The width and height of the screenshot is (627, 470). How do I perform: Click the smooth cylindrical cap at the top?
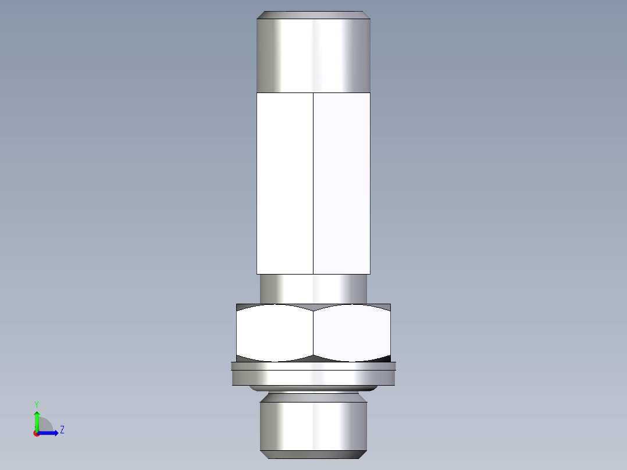[313, 55]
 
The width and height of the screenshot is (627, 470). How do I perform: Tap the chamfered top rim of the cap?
[313, 15]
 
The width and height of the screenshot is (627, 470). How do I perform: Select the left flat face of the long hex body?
[284, 183]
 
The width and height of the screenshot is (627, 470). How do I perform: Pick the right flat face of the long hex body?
[341, 183]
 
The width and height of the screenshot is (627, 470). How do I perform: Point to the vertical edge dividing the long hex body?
[313, 183]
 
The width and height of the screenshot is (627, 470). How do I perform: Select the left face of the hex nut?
[274, 333]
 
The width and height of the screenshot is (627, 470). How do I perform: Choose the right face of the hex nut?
[352, 333]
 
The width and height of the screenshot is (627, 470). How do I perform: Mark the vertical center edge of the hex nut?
[313, 333]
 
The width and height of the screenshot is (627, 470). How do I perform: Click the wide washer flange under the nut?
[313, 376]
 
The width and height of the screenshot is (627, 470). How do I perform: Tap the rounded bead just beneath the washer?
[313, 388]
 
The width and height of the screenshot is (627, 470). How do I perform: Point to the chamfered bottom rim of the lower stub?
[313, 454]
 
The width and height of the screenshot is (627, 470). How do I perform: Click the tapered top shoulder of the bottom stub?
[313, 398]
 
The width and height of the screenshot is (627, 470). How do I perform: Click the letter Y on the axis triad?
[36, 404]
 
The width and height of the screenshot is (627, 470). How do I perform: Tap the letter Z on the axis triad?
[62, 430]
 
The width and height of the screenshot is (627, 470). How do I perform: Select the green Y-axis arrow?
[37, 419]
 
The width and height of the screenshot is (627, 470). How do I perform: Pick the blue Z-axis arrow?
[49, 433]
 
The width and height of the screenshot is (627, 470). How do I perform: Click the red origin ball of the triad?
[36, 433]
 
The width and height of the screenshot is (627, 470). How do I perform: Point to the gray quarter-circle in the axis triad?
[44, 426]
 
